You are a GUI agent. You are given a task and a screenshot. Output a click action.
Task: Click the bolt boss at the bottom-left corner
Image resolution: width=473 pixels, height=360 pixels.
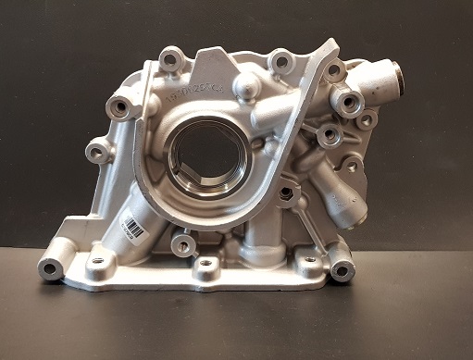point(51,269)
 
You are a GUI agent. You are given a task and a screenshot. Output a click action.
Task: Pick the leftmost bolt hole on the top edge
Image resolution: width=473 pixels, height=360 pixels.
point(169,58)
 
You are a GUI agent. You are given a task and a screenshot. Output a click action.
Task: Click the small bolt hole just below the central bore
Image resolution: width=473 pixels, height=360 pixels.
point(183,246)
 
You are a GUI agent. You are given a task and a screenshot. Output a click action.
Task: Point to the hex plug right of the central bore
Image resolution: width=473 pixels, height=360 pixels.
point(286,194)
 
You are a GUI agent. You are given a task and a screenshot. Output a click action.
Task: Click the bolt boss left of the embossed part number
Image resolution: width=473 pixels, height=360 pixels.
point(118,108)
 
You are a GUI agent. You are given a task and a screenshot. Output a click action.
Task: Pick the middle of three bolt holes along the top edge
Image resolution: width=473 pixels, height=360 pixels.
point(280,63)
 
